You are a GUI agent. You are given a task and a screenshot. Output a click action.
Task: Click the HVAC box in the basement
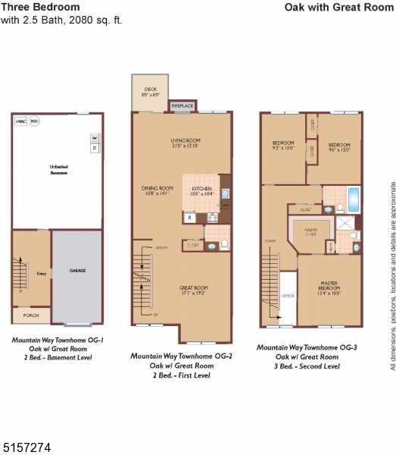click(20, 121)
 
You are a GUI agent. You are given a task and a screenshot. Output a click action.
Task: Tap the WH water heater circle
click(34, 121)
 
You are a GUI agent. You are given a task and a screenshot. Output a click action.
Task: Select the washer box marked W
click(95, 138)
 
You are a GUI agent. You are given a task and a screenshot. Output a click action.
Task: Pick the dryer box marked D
click(95, 149)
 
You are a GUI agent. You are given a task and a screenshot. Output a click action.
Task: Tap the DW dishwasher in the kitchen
click(225, 206)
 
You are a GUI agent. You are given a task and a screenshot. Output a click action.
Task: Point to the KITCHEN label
click(201, 188)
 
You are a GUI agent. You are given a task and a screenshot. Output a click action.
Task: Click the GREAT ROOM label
click(194, 287)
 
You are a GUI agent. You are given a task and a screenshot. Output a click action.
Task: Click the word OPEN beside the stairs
click(287, 297)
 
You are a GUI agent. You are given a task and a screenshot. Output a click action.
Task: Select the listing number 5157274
click(27, 447)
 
